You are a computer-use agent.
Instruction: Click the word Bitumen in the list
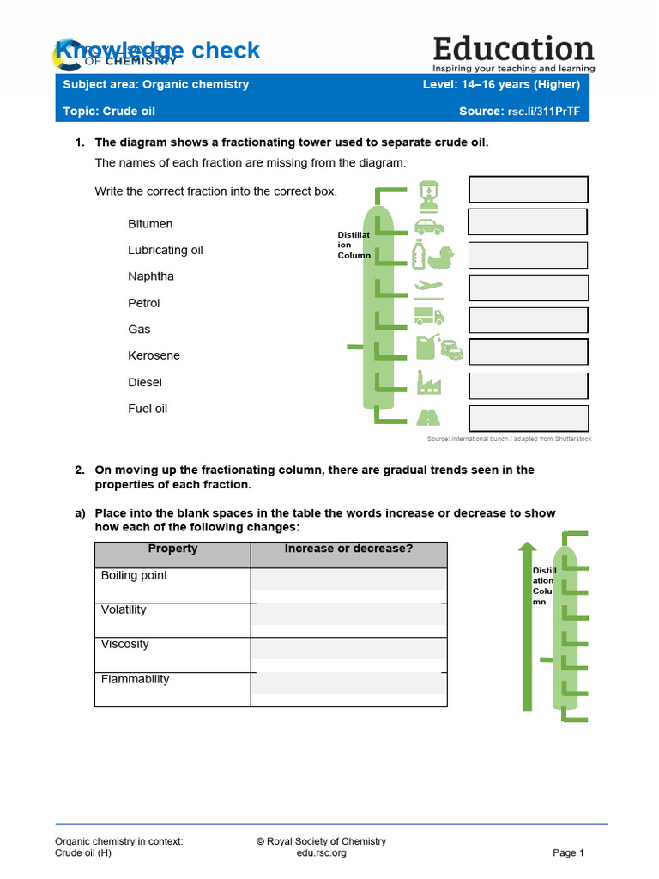150,224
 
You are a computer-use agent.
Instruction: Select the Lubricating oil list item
166,251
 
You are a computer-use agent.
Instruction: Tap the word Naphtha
151,276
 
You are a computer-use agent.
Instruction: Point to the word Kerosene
154,355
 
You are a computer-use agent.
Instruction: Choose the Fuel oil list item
148,409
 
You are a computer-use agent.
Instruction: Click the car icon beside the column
429,227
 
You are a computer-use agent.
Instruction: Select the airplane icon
428,287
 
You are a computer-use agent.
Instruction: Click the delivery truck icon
428,317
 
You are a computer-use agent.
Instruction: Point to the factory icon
428,382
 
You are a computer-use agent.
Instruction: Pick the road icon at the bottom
428,417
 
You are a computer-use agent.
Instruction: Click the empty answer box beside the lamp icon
528,190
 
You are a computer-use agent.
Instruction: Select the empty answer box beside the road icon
528,418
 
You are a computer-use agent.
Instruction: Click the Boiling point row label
134,576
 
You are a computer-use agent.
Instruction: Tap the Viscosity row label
125,645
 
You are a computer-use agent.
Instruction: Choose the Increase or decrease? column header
348,549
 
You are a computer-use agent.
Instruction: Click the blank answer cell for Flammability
348,689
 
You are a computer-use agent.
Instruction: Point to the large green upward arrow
528,627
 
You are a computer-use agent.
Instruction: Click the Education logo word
513,48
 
